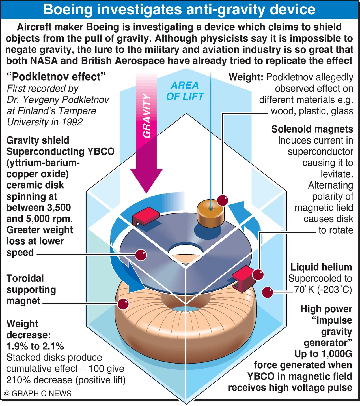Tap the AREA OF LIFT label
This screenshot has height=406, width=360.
tap(185, 91)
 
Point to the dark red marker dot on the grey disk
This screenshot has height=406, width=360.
tap(141, 255)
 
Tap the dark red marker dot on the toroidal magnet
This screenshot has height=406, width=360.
tap(123, 304)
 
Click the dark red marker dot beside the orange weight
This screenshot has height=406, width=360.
tap(223, 200)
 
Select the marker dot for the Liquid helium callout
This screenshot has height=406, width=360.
tap(268, 292)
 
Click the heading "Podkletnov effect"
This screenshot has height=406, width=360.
tap(56, 77)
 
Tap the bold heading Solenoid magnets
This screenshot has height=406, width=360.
tap(312, 129)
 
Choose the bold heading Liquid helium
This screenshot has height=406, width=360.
tap(321, 267)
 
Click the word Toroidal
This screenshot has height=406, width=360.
tap(25, 278)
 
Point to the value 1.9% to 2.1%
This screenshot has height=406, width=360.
tap(35, 346)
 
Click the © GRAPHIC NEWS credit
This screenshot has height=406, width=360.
tap(38, 393)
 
